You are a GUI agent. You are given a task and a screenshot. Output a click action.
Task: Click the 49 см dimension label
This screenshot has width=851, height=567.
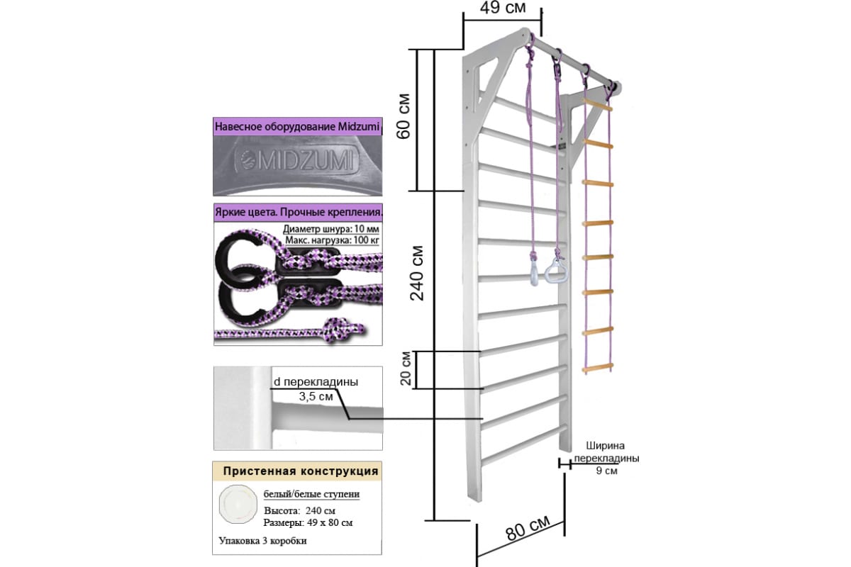click(x=503, y=7)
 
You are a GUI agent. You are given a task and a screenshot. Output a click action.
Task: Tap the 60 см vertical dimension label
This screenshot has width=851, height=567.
click(x=404, y=116)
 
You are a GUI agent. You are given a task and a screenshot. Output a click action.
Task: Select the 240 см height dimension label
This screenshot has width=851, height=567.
click(x=417, y=274)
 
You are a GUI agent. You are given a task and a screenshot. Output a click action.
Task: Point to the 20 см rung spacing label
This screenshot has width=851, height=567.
click(x=406, y=368)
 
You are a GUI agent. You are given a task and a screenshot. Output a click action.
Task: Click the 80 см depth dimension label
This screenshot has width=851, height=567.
click(x=528, y=527)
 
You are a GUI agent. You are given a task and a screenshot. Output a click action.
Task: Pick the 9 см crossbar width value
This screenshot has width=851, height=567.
click(x=606, y=471)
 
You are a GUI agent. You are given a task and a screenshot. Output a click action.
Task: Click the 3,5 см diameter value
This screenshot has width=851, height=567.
click(x=316, y=396)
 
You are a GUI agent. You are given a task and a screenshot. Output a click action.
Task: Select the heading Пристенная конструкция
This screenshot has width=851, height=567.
click(x=301, y=471)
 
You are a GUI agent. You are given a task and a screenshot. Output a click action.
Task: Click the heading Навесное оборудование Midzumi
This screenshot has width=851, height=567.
click(x=297, y=126)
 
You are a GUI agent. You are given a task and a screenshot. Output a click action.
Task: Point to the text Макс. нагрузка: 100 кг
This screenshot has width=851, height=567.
click(x=332, y=240)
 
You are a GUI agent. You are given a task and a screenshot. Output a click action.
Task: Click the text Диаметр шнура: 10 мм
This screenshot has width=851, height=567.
click(x=331, y=229)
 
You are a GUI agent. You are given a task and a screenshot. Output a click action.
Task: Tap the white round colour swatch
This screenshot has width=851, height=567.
click(x=238, y=504)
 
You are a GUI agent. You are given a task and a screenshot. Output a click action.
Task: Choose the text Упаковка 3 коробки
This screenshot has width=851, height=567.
click(x=262, y=541)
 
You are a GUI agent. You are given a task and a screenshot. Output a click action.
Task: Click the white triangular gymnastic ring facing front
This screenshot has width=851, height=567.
click(x=556, y=271)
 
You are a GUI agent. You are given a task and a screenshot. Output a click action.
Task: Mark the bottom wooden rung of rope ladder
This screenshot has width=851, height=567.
click(x=598, y=368)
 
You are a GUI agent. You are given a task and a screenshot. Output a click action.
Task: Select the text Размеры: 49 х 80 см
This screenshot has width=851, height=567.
click(x=308, y=523)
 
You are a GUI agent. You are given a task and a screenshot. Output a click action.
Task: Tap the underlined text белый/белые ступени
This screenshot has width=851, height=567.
click(x=311, y=494)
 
